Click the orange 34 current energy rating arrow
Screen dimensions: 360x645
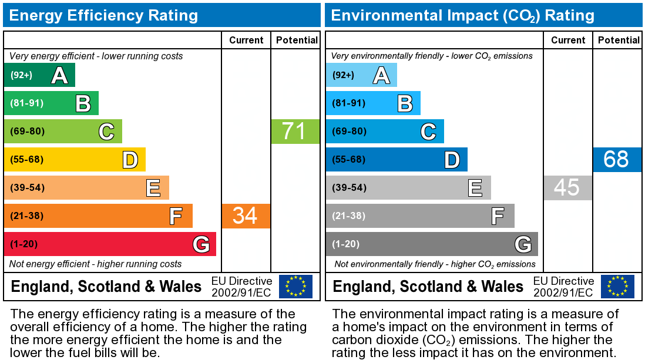click(x=246, y=216)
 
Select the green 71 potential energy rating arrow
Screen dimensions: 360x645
click(x=295, y=131)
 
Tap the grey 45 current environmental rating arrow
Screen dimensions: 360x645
click(x=567, y=187)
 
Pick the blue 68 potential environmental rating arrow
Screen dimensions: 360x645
click(x=617, y=159)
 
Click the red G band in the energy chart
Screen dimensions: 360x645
click(x=110, y=244)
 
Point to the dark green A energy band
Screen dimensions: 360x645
click(x=39, y=75)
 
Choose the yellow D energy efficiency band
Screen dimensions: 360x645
click(x=75, y=159)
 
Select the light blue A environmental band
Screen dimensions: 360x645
click(x=361, y=75)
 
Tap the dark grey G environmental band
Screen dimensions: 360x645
click(x=432, y=244)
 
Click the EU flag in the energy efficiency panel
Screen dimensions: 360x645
click(x=295, y=287)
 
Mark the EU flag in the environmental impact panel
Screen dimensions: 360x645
click(x=617, y=287)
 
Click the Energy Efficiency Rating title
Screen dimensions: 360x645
click(x=103, y=15)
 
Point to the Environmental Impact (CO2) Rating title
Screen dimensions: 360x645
click(x=463, y=15)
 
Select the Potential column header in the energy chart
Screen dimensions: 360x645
click(x=297, y=40)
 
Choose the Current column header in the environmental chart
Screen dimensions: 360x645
click(x=568, y=40)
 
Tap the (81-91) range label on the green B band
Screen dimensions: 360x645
click(x=27, y=103)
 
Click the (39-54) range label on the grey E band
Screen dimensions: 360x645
click(x=349, y=187)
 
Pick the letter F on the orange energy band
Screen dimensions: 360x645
click(x=176, y=216)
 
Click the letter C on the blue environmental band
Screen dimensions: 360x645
click(x=428, y=132)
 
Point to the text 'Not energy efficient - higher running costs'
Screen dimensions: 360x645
click(x=96, y=264)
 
